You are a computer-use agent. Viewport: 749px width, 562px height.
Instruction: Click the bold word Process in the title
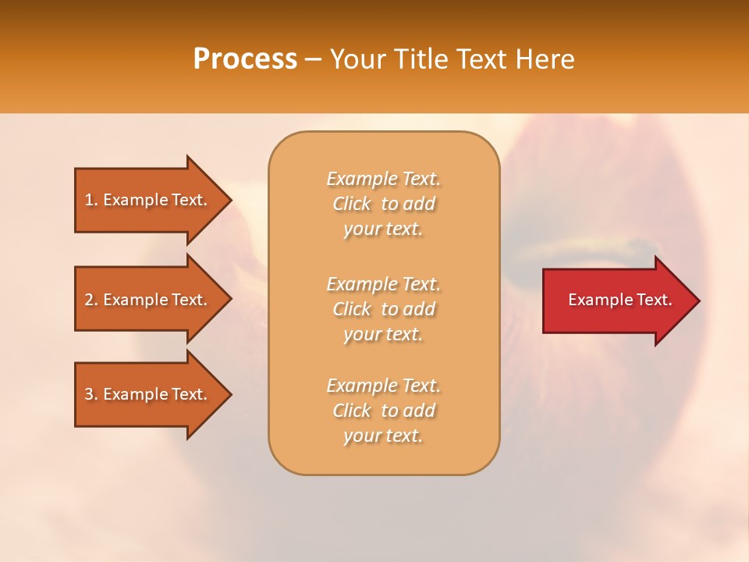tap(245, 59)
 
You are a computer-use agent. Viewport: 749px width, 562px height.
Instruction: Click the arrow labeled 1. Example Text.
tap(148, 200)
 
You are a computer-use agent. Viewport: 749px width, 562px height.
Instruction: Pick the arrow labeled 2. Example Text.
tap(148, 300)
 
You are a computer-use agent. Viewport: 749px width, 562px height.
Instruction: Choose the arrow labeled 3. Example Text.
tap(148, 394)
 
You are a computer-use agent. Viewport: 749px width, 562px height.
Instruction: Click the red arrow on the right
tap(616, 301)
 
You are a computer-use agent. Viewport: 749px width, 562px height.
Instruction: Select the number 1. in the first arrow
tap(91, 200)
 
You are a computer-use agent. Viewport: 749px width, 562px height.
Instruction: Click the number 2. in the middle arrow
tap(91, 300)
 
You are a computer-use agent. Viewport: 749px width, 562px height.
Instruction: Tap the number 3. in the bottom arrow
tap(91, 394)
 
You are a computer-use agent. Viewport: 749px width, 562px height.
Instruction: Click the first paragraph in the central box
tap(383, 204)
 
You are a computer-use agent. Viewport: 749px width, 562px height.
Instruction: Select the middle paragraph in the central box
tap(383, 309)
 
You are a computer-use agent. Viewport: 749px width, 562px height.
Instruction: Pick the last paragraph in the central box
tap(383, 411)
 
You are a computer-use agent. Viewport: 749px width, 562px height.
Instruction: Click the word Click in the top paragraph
tap(352, 204)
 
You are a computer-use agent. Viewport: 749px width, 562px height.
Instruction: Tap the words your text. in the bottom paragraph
tap(383, 436)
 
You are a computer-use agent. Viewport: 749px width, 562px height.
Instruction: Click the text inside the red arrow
tap(619, 300)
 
